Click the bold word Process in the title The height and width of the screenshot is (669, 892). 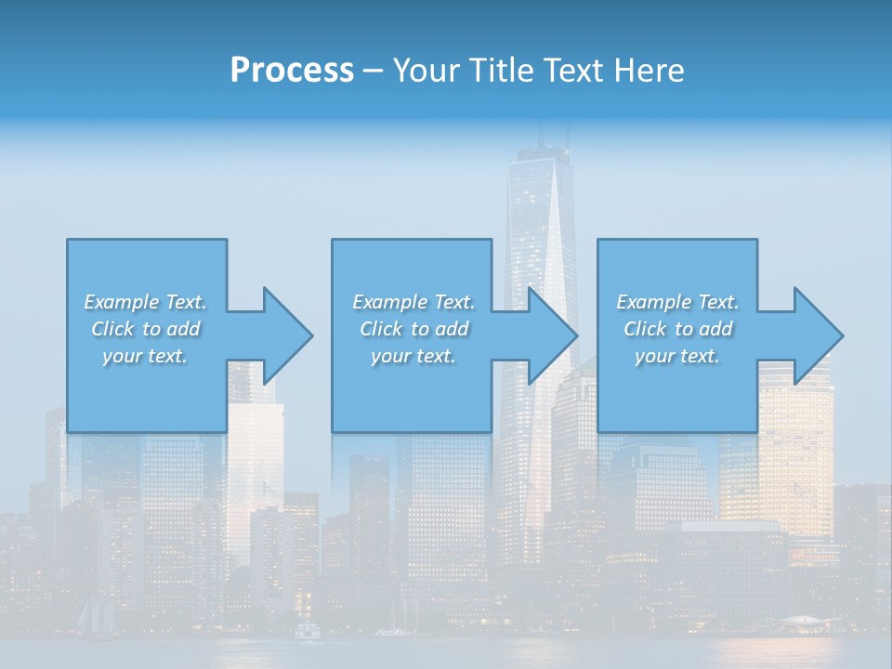(x=292, y=71)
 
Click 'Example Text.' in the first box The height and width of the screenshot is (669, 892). (x=146, y=302)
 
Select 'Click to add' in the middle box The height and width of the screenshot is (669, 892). (x=413, y=329)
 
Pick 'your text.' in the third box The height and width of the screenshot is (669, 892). (x=676, y=356)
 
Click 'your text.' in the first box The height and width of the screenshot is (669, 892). (x=145, y=356)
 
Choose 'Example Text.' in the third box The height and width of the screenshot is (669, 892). (x=677, y=302)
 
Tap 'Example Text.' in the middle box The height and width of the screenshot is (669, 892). (x=413, y=302)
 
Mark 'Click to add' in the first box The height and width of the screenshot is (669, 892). (x=146, y=329)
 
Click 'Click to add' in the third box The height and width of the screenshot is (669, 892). (x=677, y=329)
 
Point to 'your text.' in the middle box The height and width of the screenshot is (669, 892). (x=413, y=356)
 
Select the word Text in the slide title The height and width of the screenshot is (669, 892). (x=572, y=71)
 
